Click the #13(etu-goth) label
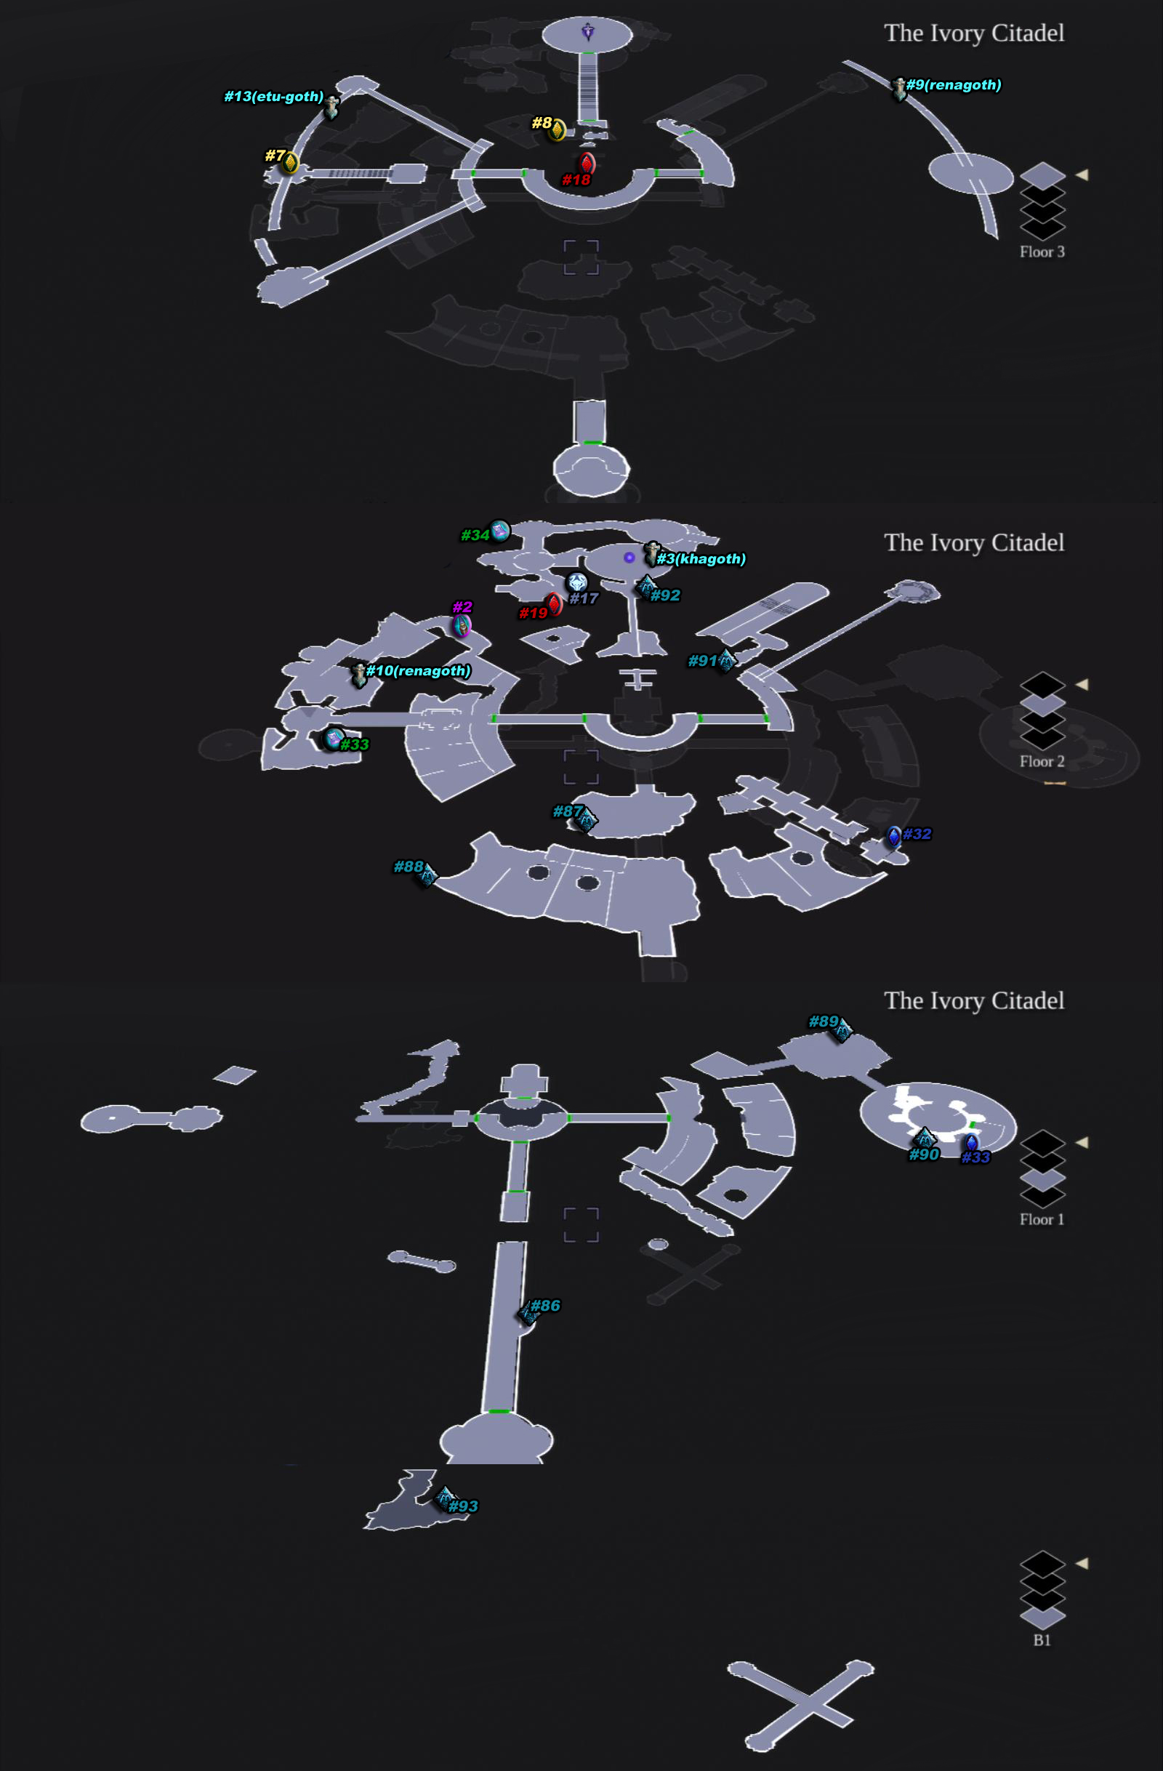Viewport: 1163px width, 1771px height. point(274,97)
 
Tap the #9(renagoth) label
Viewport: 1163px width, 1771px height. point(953,85)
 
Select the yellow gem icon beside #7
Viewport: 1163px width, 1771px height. point(289,162)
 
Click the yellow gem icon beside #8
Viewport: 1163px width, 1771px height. point(557,129)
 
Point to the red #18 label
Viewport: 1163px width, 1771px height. point(576,180)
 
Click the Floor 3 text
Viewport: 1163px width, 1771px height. point(1042,252)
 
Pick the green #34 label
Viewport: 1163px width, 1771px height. point(475,535)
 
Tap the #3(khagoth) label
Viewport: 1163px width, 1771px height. point(701,559)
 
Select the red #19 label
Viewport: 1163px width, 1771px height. point(533,613)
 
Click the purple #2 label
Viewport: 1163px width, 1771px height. point(462,607)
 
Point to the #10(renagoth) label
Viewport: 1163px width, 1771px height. point(418,671)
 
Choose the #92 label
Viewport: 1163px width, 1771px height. point(665,595)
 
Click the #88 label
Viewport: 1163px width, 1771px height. point(408,867)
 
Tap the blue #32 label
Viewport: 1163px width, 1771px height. point(917,834)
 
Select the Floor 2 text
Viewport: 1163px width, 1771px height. point(1042,761)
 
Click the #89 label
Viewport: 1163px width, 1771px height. point(823,1021)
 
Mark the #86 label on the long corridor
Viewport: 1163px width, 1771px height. point(545,1306)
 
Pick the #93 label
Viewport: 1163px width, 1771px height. point(463,1507)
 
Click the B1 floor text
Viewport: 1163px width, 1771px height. point(1042,1640)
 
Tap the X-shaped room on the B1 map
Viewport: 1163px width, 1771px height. point(801,1704)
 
